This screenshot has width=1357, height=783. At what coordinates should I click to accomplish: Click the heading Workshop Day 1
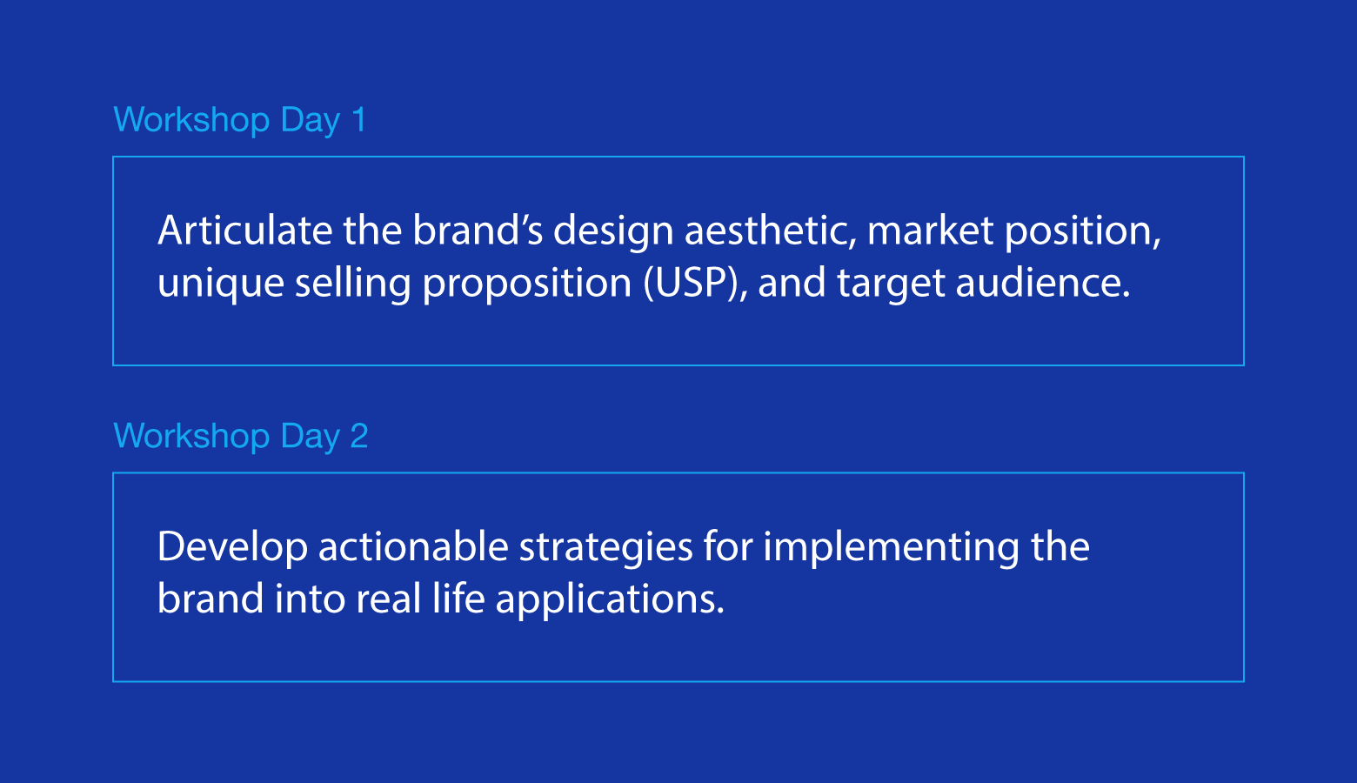(x=240, y=120)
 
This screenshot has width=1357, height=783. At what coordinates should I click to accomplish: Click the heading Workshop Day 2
(x=241, y=436)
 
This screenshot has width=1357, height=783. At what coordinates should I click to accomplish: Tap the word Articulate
(x=244, y=231)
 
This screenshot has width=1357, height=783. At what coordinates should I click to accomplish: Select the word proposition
(x=526, y=284)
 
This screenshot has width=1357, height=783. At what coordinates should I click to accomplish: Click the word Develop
(x=232, y=547)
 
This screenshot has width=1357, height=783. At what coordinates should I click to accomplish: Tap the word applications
(x=610, y=600)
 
